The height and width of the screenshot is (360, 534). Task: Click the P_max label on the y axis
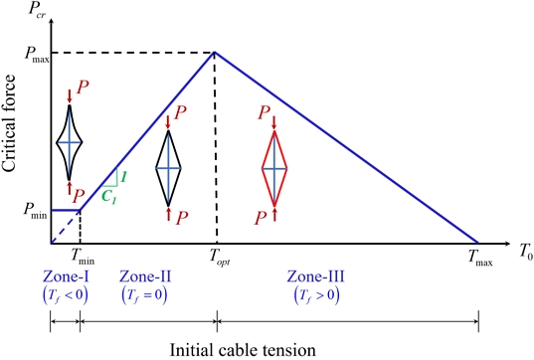pyautogui.click(x=29, y=53)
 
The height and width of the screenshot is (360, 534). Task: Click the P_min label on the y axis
pyautogui.click(x=29, y=211)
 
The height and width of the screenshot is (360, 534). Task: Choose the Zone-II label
pyautogui.click(x=142, y=277)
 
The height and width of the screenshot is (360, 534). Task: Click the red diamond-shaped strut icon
pyautogui.click(x=274, y=168)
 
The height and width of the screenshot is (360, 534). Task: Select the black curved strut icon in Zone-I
pyautogui.click(x=69, y=142)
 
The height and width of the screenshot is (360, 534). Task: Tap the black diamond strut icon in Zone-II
pyautogui.click(x=168, y=168)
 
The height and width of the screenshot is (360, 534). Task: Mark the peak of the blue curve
pyautogui.click(x=215, y=52)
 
